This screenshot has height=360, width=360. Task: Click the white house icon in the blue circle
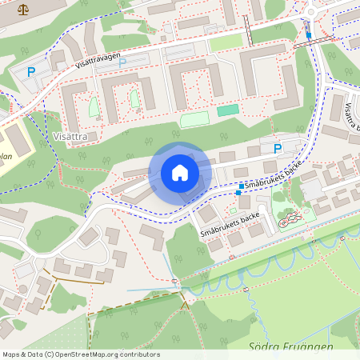click(180, 173)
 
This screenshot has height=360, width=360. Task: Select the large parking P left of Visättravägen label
click(31, 72)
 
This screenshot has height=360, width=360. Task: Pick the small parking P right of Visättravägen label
click(122, 62)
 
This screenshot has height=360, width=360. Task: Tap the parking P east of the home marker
click(278, 148)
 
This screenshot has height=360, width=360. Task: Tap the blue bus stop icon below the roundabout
click(309, 35)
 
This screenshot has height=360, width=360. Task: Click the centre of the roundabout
click(310, 11)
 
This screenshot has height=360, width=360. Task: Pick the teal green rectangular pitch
click(228, 110)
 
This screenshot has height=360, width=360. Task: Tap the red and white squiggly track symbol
click(290, 216)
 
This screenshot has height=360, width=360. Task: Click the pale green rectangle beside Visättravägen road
click(226, 42)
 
